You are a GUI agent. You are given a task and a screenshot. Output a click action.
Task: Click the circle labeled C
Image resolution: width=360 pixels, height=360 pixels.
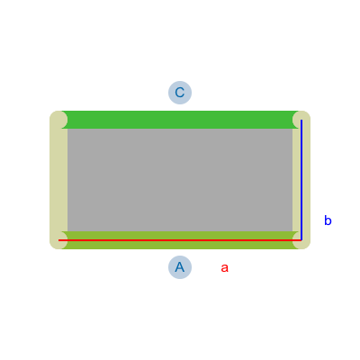pos(180,93)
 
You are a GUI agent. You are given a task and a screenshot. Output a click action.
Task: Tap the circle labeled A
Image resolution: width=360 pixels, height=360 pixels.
pos(180,267)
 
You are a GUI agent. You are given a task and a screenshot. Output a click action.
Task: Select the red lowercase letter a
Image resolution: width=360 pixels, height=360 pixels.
pos(224,267)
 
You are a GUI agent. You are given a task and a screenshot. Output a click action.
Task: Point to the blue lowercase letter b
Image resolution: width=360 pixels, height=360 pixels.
pos(328,220)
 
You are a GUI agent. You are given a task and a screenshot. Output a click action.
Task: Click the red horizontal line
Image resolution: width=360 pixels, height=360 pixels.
pos(180,240)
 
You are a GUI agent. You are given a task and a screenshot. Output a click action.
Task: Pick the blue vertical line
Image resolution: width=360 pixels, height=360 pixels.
pos(301,180)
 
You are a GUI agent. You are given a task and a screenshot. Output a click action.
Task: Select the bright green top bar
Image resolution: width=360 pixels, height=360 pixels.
pos(180,120)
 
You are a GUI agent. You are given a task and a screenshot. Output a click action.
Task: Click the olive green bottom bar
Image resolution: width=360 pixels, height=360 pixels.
pos(180,240)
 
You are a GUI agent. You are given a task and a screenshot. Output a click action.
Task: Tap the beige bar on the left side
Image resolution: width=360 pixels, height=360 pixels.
pos(58,180)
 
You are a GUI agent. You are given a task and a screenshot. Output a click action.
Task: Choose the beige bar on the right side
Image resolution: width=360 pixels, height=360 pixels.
pos(301,180)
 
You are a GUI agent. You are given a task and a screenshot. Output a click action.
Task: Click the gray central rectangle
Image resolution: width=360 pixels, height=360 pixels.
pos(180,180)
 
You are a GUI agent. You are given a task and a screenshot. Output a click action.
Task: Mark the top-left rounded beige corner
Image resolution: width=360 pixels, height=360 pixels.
pos(58,120)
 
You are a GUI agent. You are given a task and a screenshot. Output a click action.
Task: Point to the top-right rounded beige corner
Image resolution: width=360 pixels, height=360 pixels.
pos(301,120)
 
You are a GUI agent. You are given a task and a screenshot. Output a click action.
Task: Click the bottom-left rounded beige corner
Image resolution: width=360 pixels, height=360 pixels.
pos(58,240)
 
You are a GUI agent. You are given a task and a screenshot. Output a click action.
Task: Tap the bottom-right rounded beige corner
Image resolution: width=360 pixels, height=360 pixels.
pos(301,240)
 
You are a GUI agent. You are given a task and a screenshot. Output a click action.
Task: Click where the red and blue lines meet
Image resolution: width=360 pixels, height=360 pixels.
pos(301,240)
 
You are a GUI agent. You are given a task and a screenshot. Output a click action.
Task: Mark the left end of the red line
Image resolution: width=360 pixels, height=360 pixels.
pos(58,240)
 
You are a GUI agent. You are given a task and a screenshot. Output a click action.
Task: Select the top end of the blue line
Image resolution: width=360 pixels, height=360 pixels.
pos(301,120)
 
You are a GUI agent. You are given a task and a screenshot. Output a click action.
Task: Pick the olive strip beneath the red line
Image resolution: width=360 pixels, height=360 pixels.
pos(180,246)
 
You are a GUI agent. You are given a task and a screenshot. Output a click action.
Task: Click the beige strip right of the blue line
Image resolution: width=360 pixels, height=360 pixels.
pos(306,180)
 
